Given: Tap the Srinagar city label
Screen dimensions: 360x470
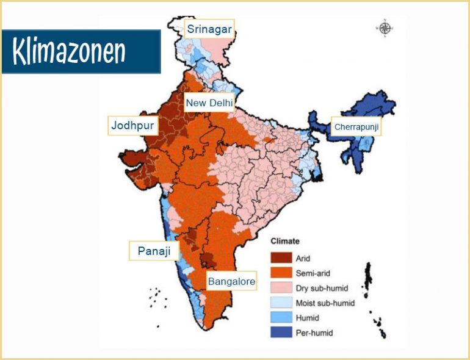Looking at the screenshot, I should [x=209, y=29].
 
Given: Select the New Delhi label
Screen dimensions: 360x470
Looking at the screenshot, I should [x=209, y=103].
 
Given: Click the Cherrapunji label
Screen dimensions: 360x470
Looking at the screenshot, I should [x=356, y=128].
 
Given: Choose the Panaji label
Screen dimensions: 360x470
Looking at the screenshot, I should [x=149, y=251].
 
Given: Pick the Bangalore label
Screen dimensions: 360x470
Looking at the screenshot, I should [x=231, y=281].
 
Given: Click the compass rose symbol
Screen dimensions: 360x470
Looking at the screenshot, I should [x=385, y=28].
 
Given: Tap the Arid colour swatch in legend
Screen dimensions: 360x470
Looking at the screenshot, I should [x=281, y=259].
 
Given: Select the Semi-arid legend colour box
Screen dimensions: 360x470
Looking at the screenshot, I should [x=281, y=273].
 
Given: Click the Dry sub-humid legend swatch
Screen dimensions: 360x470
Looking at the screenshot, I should [x=281, y=288].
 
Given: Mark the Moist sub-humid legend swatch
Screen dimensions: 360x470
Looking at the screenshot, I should [x=281, y=303].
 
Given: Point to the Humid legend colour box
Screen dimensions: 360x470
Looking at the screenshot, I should [x=281, y=318].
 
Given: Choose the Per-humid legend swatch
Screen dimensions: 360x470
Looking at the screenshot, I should [x=281, y=333].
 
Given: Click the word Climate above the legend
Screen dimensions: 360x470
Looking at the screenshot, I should [x=285, y=242].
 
